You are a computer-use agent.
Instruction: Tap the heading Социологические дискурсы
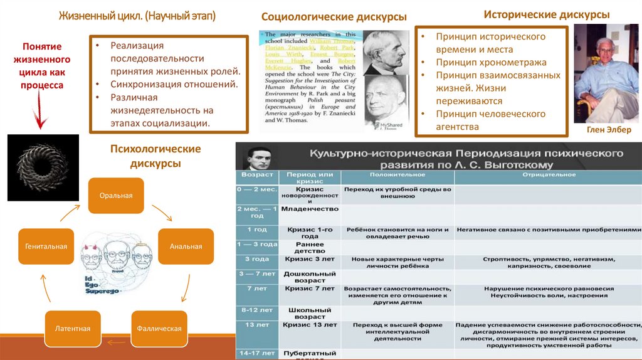(334, 16)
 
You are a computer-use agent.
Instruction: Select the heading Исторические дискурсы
(546, 14)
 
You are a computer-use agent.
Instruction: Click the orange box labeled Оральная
(116, 196)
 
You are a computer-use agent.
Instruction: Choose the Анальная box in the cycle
(186, 246)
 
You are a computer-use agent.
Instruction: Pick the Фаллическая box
(160, 328)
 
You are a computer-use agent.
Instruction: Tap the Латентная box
(72, 328)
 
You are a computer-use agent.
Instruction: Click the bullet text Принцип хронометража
(492, 62)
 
